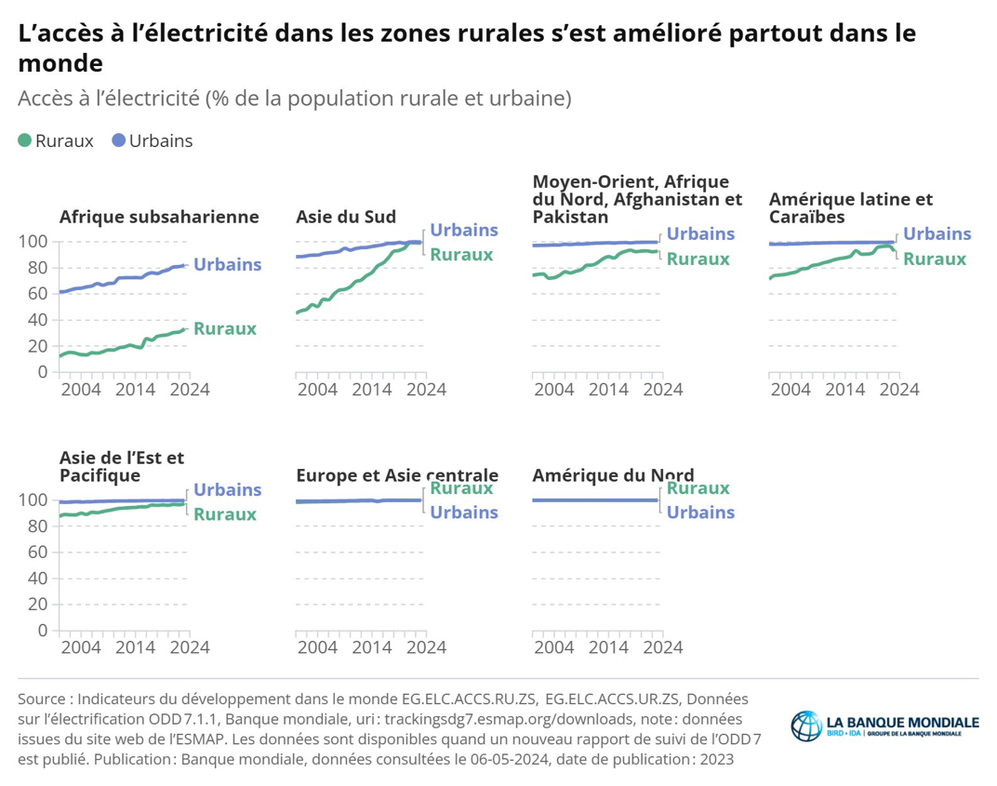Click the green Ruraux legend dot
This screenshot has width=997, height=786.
pyautogui.click(x=25, y=141)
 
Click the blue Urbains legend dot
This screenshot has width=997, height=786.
pyautogui.click(x=118, y=141)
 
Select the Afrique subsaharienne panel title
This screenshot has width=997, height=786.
pyautogui.click(x=159, y=217)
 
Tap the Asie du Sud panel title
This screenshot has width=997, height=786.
pyautogui.click(x=346, y=217)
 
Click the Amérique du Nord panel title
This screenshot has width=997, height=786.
pyautogui.click(x=613, y=475)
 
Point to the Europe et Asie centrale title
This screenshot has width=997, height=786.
pyautogui.click(x=397, y=475)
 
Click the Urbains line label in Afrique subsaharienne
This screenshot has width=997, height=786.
pyautogui.click(x=227, y=265)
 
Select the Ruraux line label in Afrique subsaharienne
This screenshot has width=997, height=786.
pyautogui.click(x=225, y=329)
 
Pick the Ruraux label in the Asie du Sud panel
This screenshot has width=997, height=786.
pyautogui.click(x=461, y=255)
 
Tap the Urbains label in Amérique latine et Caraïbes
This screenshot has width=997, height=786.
pyautogui.click(x=937, y=234)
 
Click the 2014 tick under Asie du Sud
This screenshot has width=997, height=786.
pyautogui.click(x=372, y=389)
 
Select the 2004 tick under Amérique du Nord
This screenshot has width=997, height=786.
pyautogui.click(x=554, y=646)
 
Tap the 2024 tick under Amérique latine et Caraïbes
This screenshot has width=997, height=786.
pyautogui.click(x=898, y=389)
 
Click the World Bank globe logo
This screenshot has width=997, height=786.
pyautogui.click(x=805, y=726)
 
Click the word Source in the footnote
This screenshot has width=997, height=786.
pyautogui.click(x=42, y=699)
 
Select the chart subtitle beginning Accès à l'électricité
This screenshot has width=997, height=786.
pyautogui.click(x=294, y=98)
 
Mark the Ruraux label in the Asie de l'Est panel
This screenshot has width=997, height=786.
pyautogui.click(x=225, y=514)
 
